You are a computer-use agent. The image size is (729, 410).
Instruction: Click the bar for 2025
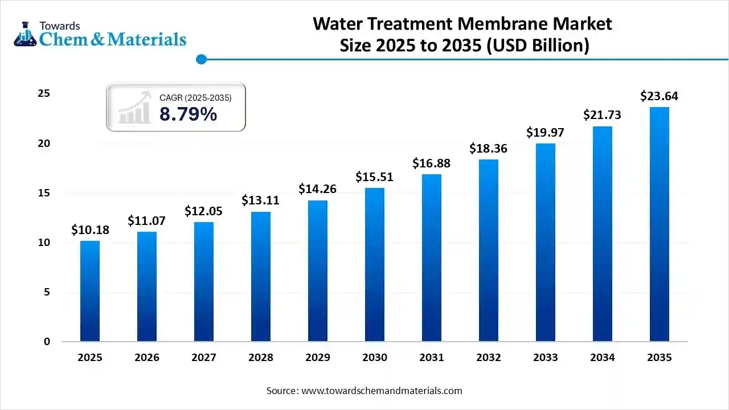pyautogui.click(x=90, y=291)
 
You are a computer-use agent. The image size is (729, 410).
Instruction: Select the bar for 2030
pyautogui.click(x=375, y=265)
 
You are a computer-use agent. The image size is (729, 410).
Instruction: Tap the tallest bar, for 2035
pyautogui.click(x=660, y=224)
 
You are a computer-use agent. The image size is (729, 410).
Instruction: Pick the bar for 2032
pyautogui.click(x=489, y=251)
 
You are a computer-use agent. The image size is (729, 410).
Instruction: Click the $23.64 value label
pyautogui.click(x=660, y=96)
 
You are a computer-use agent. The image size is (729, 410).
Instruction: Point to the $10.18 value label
pyautogui.click(x=90, y=230)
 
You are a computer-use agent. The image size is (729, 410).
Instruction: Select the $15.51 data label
pyautogui.click(x=375, y=177)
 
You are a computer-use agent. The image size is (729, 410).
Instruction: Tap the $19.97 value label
pyautogui.click(x=546, y=133)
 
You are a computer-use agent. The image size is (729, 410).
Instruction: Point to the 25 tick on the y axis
pyautogui.click(x=44, y=93)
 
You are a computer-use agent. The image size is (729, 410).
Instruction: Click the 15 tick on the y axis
pyautogui.click(x=44, y=193)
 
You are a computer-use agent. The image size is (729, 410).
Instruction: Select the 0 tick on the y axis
pyautogui.click(x=47, y=342)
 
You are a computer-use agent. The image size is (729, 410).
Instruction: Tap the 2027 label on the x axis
pyautogui.click(x=204, y=358)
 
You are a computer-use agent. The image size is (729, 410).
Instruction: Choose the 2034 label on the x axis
pyautogui.click(x=603, y=358)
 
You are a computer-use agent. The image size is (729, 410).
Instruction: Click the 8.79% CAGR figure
pyautogui.click(x=188, y=114)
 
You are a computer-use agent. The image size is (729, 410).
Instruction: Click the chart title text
pyautogui.click(x=462, y=34)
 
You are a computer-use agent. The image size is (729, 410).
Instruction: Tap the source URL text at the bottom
pyautogui.click(x=364, y=391)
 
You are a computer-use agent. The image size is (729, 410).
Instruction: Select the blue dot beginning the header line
pyautogui.click(x=200, y=59)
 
